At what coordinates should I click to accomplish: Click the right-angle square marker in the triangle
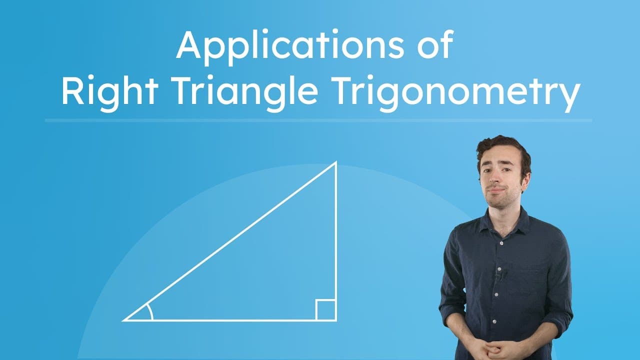[x=326, y=310]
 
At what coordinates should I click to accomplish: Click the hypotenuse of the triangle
[x=230, y=241]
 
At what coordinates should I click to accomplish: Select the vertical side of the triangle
[x=336, y=240]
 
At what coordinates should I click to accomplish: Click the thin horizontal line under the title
[x=318, y=120]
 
